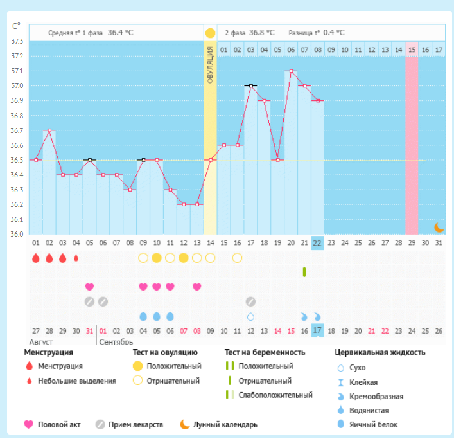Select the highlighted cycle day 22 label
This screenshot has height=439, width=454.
tap(317, 243)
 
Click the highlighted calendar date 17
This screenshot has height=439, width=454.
tap(317, 330)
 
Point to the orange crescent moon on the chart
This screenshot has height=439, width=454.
tap(439, 227)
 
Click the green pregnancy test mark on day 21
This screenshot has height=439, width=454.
tap(304, 272)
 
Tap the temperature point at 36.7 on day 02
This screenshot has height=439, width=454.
tap(49, 130)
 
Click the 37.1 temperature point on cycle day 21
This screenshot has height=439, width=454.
tap(291, 71)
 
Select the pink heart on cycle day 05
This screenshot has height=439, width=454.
tap(90, 287)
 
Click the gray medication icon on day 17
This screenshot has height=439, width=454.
tap(250, 301)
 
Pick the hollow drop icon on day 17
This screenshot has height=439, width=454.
tap(250, 316)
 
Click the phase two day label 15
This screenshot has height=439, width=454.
tap(412, 49)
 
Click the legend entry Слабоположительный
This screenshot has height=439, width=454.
tap(275, 395)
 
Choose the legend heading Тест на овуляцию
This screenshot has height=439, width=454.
tap(165, 352)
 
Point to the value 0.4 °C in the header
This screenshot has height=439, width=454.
tap(333, 33)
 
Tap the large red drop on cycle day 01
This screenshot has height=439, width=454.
tap(36, 258)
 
